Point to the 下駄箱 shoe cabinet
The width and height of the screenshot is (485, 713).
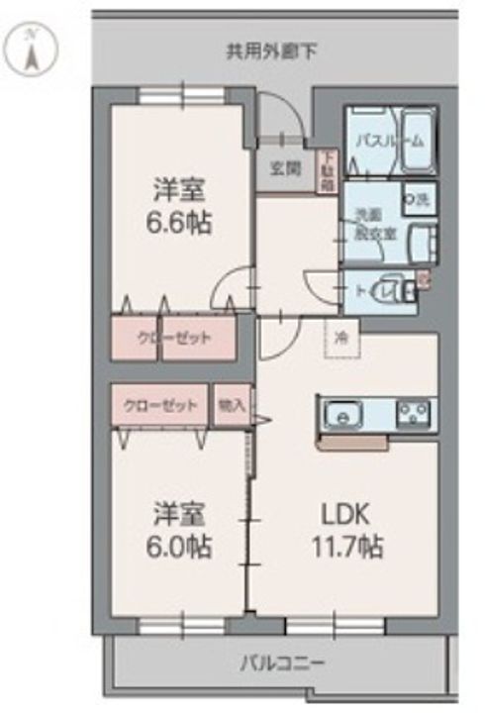point(327,170)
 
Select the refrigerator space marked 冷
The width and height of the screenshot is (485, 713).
point(339,338)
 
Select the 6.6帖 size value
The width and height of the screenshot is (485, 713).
point(179,221)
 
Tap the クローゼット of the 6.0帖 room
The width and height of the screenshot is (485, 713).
point(159,405)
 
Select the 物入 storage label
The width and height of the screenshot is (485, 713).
point(232,405)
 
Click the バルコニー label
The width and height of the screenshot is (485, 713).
point(280,662)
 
